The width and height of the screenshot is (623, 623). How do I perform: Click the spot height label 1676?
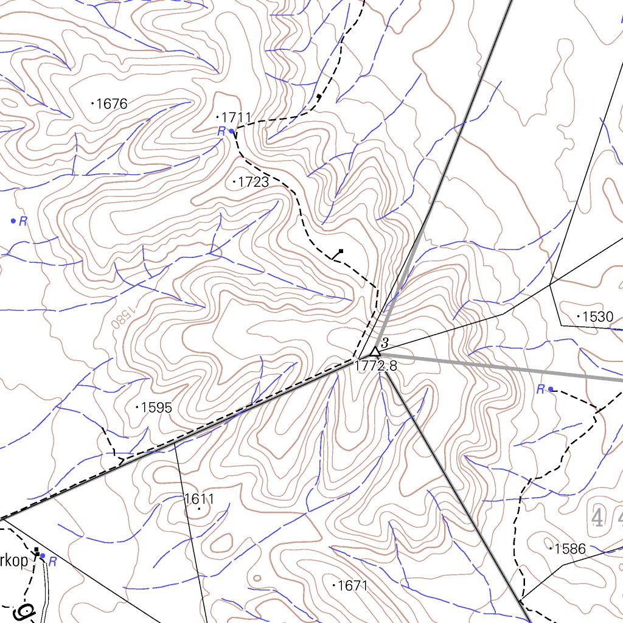coord(112,104)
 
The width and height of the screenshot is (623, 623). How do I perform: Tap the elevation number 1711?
coord(237,117)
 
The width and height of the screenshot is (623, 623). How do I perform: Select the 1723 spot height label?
coord(253,181)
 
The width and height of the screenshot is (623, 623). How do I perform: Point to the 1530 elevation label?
coord(597,316)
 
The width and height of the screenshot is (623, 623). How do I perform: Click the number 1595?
coord(156,408)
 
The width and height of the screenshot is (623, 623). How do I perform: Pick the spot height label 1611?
coord(199,499)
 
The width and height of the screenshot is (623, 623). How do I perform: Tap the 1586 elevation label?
coord(570,549)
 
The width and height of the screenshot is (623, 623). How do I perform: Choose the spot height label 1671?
coord(353,586)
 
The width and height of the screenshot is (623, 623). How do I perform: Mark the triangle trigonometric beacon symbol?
coord(375,352)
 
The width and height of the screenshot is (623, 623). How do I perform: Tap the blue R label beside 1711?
coord(221,131)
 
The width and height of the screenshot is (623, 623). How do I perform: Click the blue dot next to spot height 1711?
coord(231,131)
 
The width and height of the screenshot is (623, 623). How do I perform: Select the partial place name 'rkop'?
coord(14,561)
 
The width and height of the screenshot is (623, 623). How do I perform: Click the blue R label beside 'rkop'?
coord(53,562)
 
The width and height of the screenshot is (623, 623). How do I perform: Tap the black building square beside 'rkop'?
coord(37,552)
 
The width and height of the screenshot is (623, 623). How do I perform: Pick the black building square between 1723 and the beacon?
coord(341,251)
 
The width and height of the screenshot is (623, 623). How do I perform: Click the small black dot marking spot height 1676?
coord(92,104)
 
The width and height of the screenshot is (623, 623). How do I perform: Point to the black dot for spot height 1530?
coord(578,316)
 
